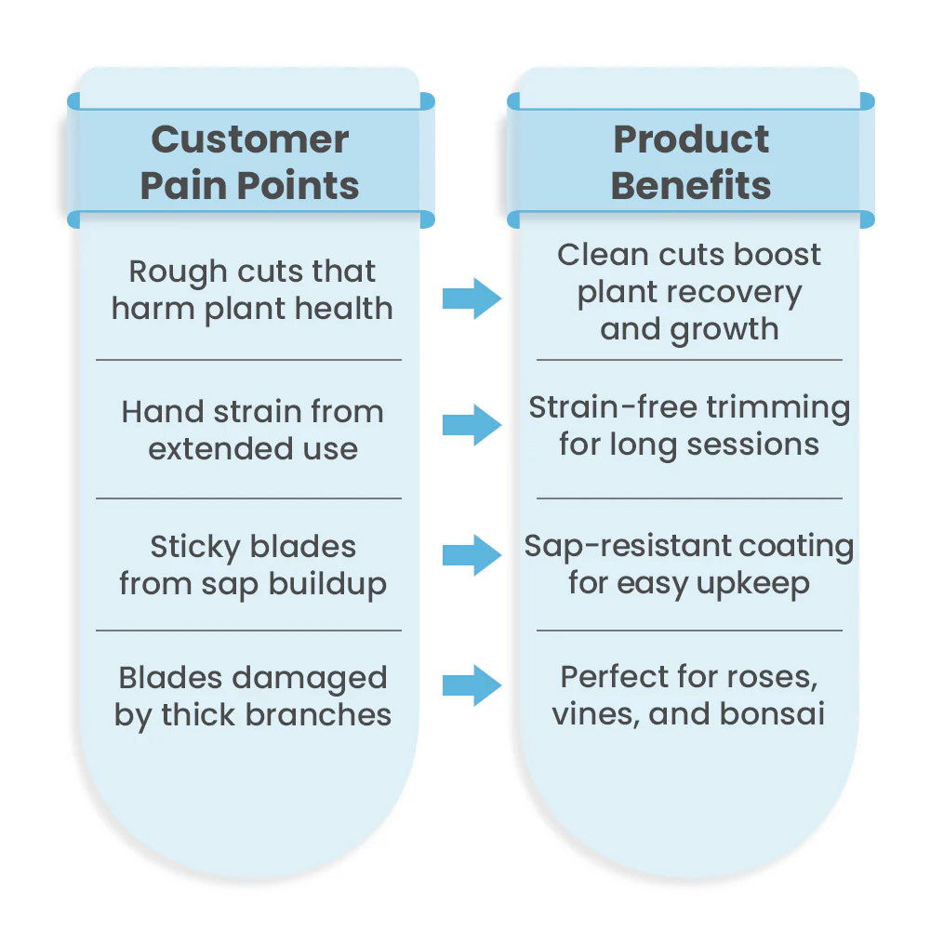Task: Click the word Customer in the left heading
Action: pos(249,140)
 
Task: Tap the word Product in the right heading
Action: pos(691,139)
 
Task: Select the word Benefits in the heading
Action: pos(691,186)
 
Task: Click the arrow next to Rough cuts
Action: pos(472,299)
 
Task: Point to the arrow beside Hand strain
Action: pos(472,425)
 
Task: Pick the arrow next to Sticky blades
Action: pos(472,555)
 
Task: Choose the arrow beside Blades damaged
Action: pos(472,685)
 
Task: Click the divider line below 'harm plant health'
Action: pos(248,359)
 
